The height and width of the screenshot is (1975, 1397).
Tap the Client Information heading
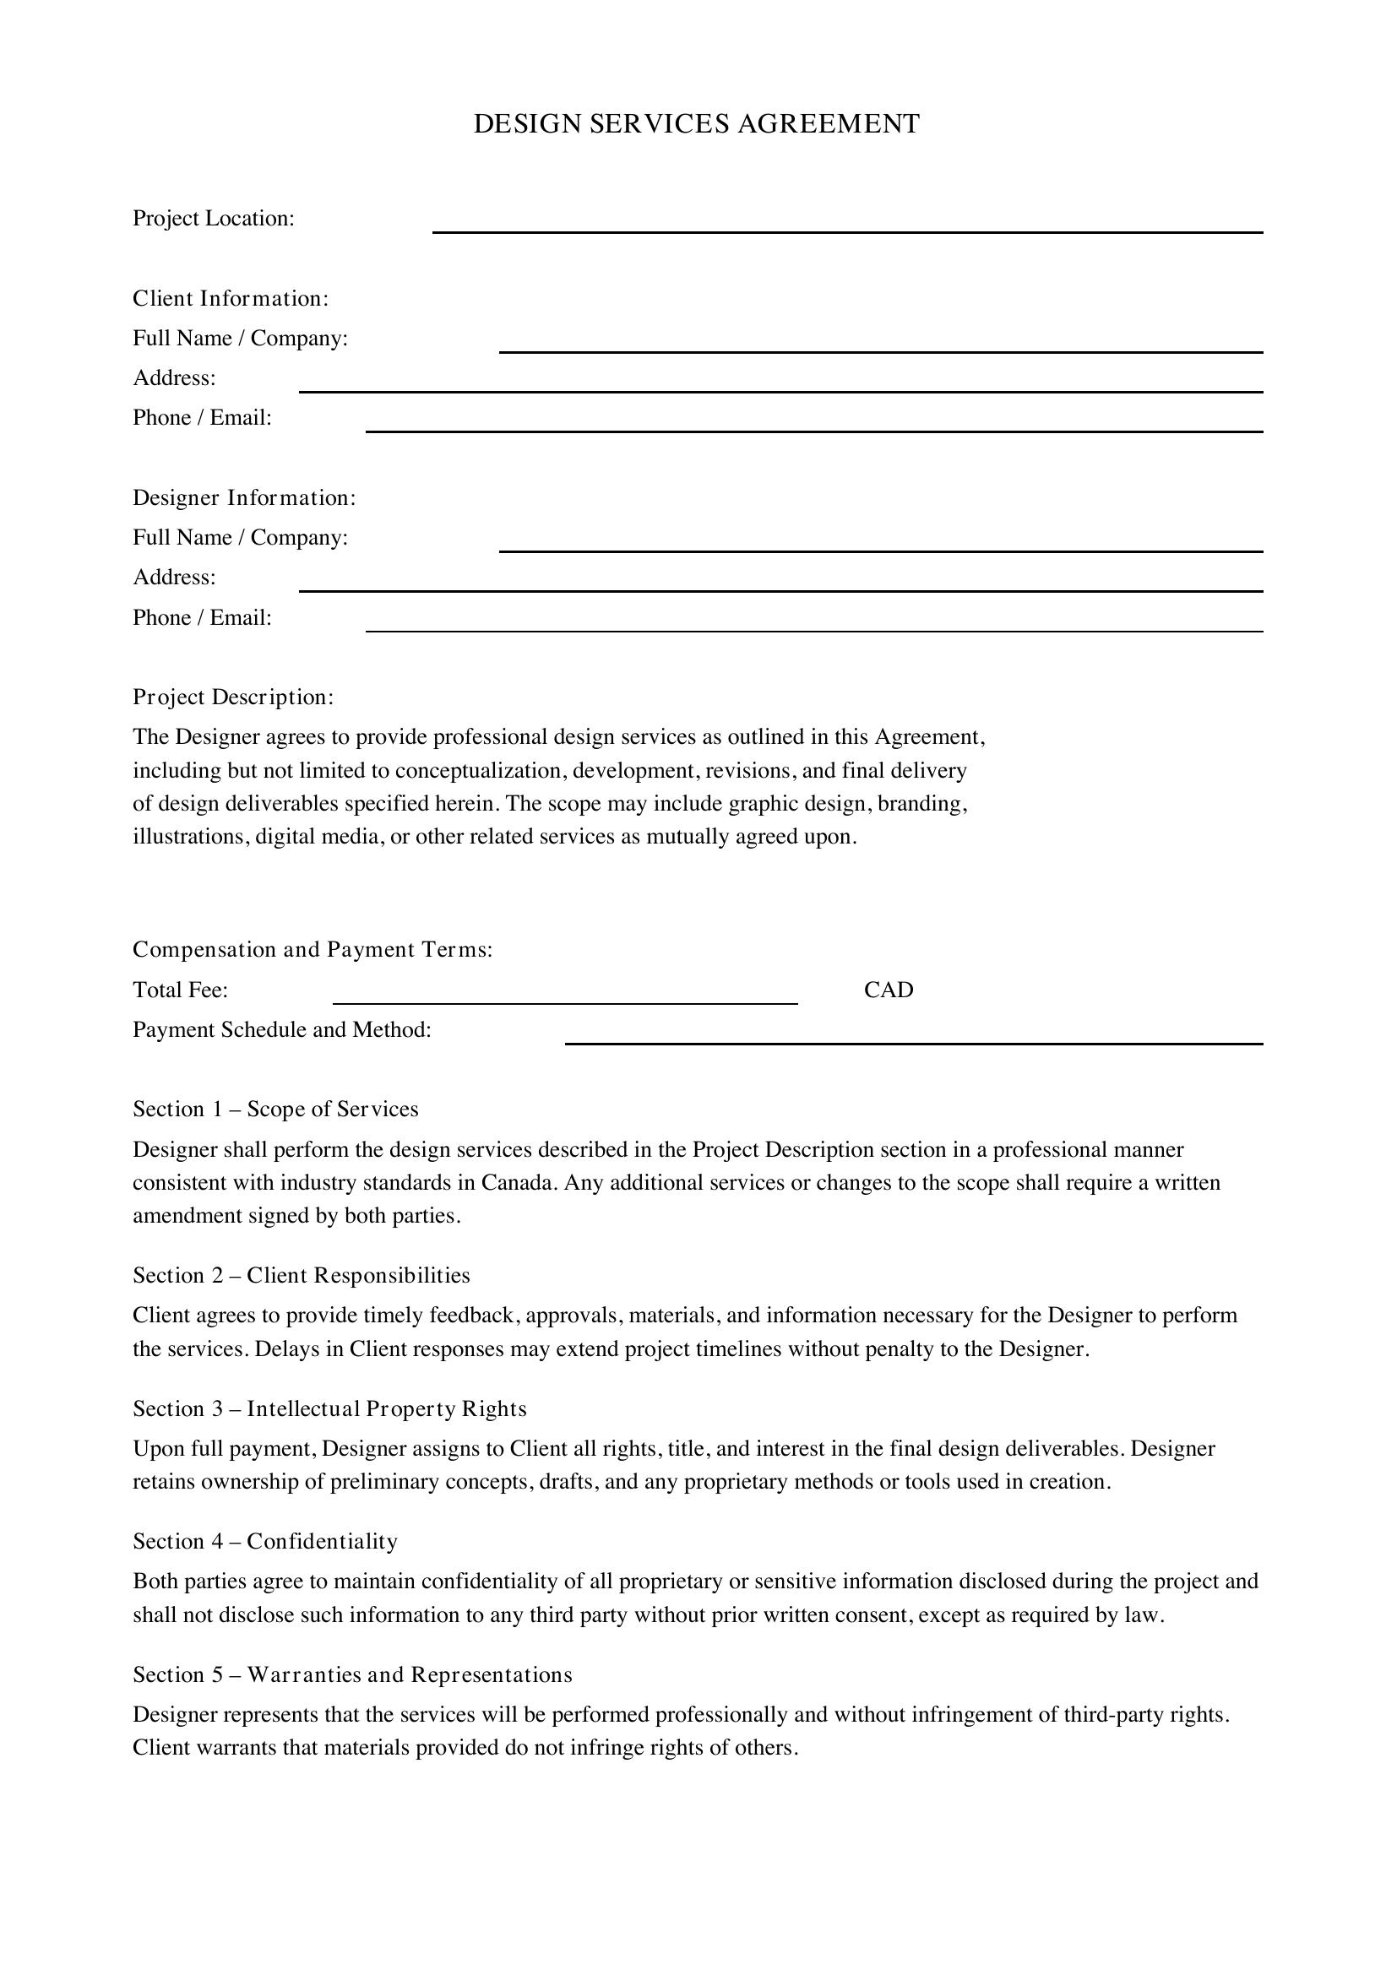click(231, 298)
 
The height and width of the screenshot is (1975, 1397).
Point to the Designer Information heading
click(243, 498)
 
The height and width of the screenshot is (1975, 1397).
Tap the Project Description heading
click(232, 697)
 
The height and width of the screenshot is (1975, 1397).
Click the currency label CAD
click(888, 990)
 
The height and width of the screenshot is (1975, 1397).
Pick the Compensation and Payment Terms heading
click(313, 950)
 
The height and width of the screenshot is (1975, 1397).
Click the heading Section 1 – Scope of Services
click(275, 1110)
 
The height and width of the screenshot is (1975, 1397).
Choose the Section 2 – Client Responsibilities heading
click(301, 1275)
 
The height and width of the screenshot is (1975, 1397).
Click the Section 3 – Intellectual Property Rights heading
click(329, 1408)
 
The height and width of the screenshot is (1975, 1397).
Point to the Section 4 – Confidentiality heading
click(265, 1541)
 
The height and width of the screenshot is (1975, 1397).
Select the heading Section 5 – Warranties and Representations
click(352, 1674)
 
